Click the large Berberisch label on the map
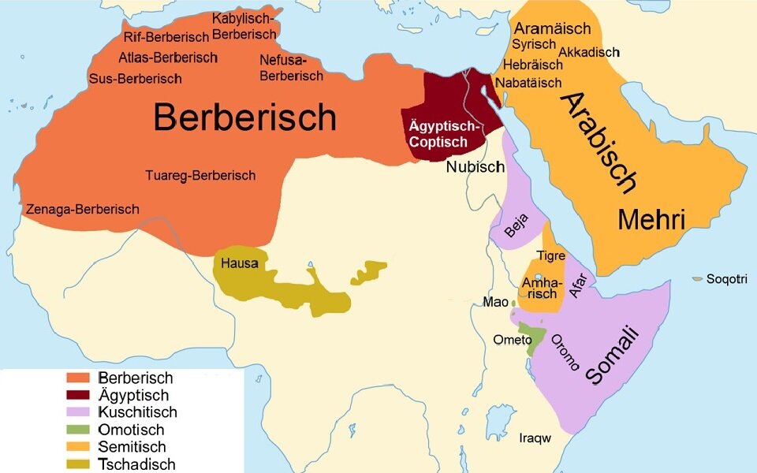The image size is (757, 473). click(x=244, y=118)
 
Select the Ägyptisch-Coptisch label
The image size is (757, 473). click(x=445, y=134)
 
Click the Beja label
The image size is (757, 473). click(x=516, y=225)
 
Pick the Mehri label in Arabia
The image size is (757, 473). click(x=651, y=220)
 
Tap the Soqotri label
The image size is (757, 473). click(x=726, y=279)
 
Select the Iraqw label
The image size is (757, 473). click(x=535, y=438)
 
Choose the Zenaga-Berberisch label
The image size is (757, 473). click(x=82, y=209)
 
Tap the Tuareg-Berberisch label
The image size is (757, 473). click(x=200, y=175)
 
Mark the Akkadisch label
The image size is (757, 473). click(x=588, y=52)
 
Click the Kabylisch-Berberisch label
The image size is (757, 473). click(x=244, y=26)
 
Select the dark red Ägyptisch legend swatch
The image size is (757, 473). click(x=77, y=396)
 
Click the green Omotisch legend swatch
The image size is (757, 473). click(x=77, y=430)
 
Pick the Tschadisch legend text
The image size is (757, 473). click(x=136, y=464)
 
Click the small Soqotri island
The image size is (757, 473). click(x=697, y=279)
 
